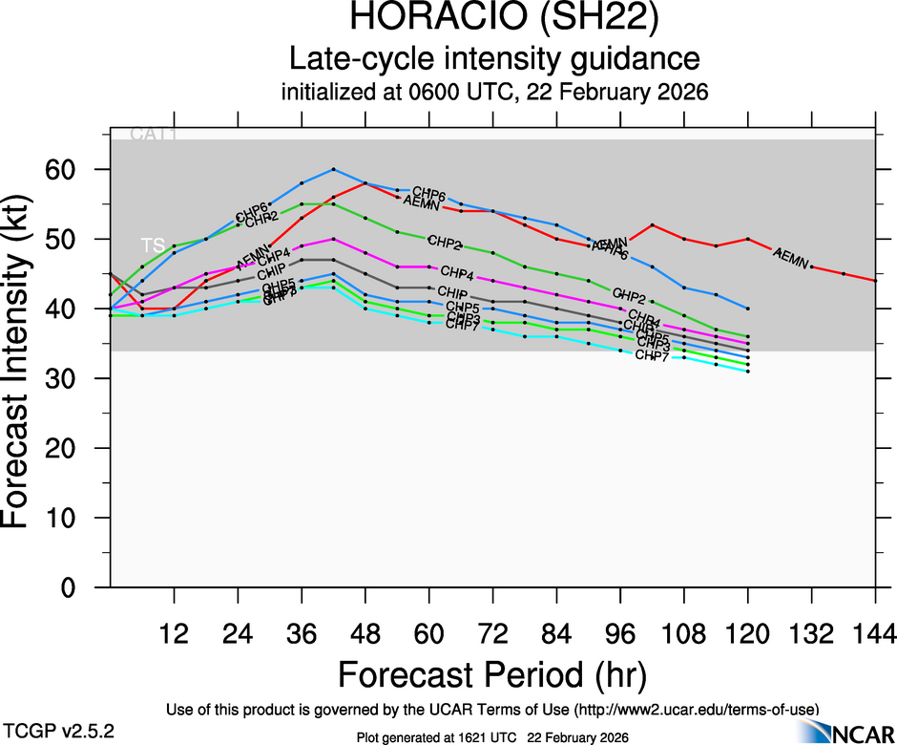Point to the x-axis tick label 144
(x=876, y=633)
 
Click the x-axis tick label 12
(x=174, y=633)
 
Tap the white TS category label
(x=153, y=245)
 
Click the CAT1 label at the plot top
(x=154, y=135)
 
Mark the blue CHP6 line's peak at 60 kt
(x=333, y=169)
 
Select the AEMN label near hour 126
(x=791, y=256)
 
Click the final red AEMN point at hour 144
(x=876, y=280)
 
